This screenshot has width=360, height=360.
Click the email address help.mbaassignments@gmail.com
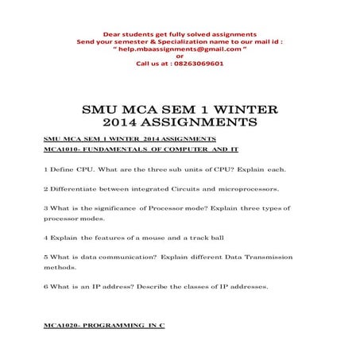tap(179, 48)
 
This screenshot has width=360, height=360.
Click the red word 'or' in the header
tap(179, 56)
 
